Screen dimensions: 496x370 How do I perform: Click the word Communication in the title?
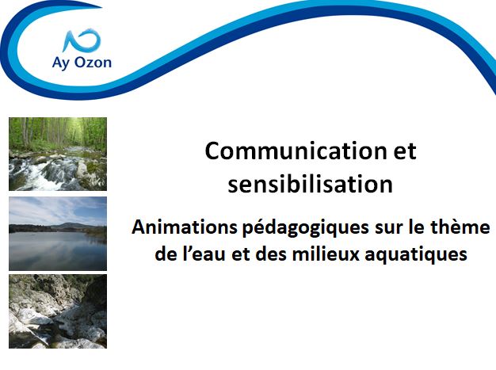coord(296,151)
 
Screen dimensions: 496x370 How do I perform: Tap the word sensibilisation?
coord(311,184)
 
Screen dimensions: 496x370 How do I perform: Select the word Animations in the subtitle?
coord(185,227)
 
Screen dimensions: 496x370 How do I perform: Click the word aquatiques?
coord(416,255)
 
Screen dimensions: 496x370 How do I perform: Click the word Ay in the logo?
coord(61,63)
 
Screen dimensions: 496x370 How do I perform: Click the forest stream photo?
coord(58,154)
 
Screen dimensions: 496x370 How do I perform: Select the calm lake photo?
coord(58,234)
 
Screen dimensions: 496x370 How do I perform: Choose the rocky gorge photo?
coord(58,311)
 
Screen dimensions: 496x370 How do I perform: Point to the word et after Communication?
coord(405,151)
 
